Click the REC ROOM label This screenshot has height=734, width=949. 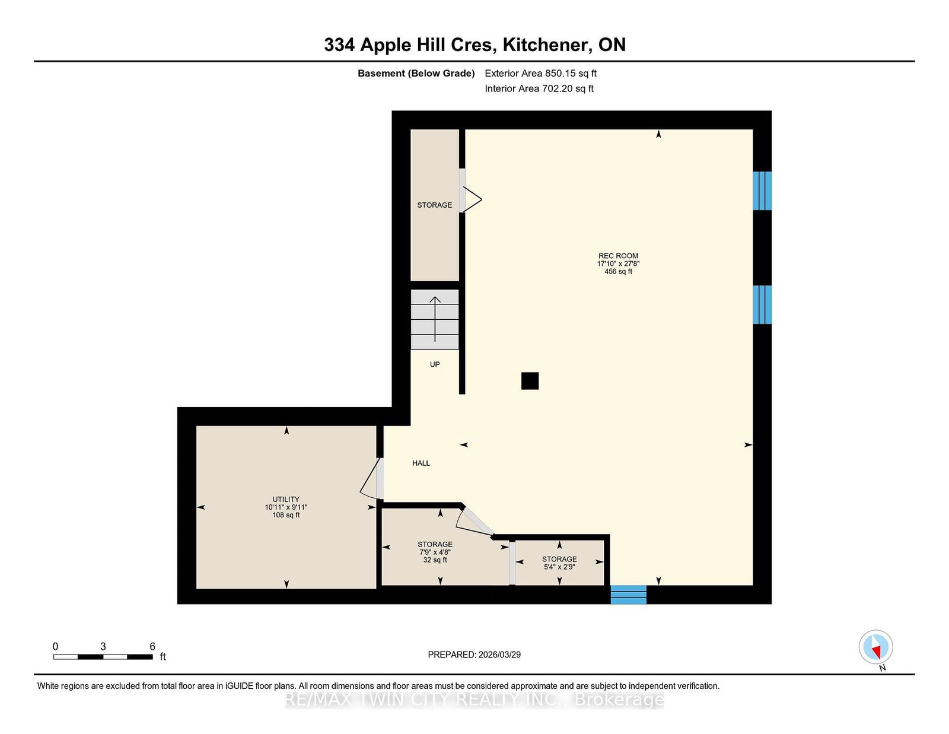click(x=618, y=256)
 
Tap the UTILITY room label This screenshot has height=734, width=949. click(x=286, y=499)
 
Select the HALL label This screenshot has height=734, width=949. click(x=421, y=463)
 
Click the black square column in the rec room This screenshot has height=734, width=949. click(x=530, y=380)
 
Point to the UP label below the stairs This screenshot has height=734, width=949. click(x=435, y=364)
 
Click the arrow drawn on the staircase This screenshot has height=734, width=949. click(x=435, y=318)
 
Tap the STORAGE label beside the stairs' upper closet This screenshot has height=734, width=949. click(x=434, y=205)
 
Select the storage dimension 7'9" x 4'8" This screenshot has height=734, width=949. click(x=435, y=552)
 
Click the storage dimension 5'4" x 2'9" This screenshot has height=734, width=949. click(x=559, y=567)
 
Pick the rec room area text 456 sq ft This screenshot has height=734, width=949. click(x=618, y=271)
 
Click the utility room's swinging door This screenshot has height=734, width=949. click(x=371, y=478)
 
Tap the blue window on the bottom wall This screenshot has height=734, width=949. click(x=628, y=595)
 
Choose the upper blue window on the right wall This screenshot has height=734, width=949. click(x=762, y=190)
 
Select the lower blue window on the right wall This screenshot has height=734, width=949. click(x=762, y=304)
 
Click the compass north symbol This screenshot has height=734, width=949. click(x=875, y=647)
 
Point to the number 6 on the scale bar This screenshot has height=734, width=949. click(x=152, y=646)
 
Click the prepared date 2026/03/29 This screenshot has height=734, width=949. click(x=499, y=654)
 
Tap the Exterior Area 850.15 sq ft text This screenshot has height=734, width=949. click(x=540, y=73)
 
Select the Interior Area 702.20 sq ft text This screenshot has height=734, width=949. click(x=539, y=88)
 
